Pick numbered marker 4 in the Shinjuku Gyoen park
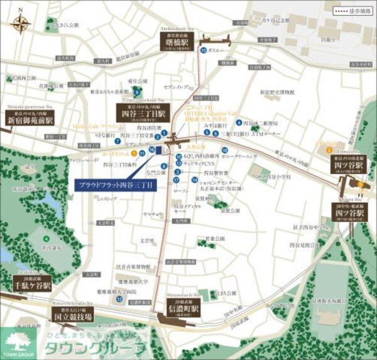pos(47,238)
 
